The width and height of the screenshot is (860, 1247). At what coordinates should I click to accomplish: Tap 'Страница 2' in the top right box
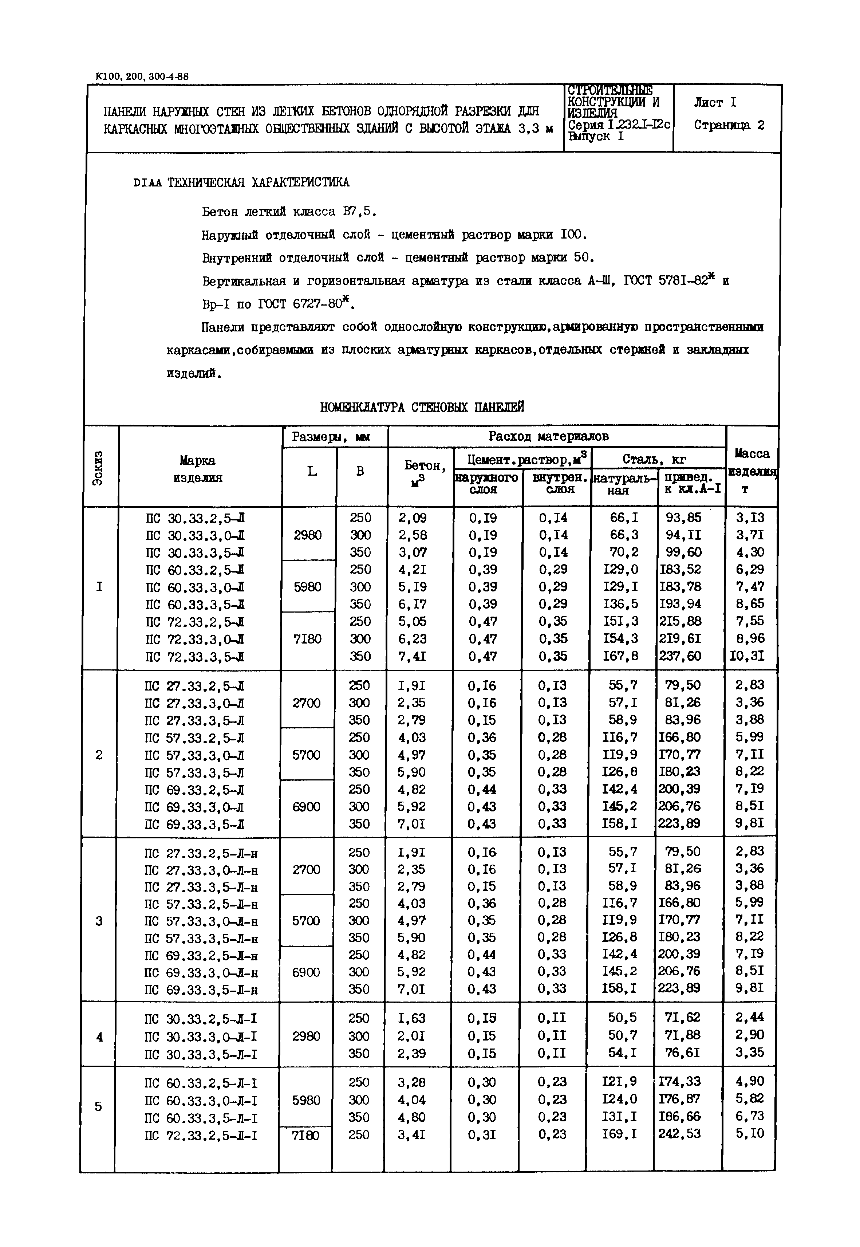pos(729,125)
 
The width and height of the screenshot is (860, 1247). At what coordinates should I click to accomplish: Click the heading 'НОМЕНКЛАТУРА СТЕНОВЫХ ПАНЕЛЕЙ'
pos(422,408)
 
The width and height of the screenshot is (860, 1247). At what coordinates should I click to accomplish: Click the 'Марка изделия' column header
pos(198,469)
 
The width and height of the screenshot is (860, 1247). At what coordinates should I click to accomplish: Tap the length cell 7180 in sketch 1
pos(307,639)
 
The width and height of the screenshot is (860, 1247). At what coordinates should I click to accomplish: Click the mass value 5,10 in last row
pos(750,1133)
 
